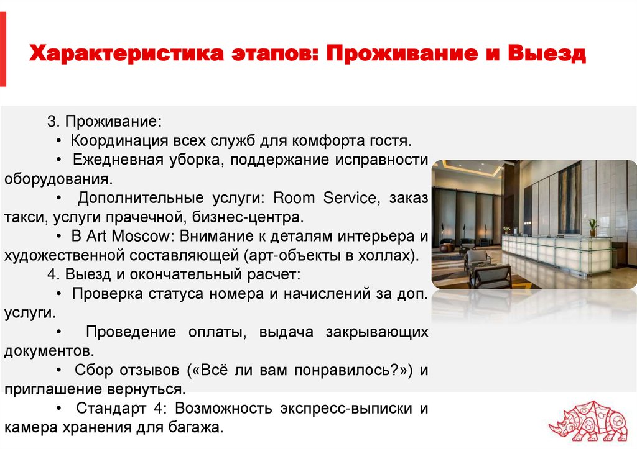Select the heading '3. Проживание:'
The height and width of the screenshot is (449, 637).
[104, 121]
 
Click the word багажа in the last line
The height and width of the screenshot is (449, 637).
[193, 427]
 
